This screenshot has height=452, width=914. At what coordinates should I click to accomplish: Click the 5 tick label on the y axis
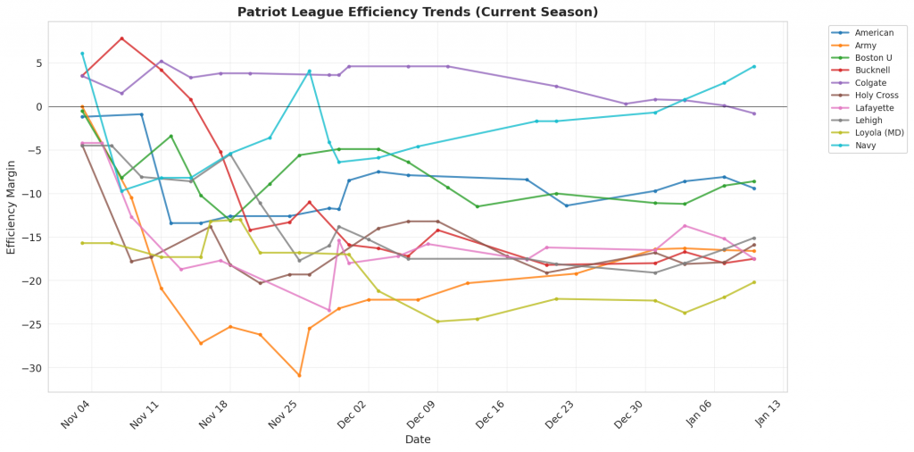(x=38, y=63)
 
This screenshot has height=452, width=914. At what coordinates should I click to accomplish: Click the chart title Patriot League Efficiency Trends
(x=418, y=13)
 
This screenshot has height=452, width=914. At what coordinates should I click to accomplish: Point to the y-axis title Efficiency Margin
(x=12, y=206)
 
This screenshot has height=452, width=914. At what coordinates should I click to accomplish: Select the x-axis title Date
(x=418, y=439)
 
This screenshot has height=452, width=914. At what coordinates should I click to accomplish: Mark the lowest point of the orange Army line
(x=299, y=375)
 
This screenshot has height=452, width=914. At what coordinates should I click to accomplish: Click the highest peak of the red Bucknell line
(x=121, y=38)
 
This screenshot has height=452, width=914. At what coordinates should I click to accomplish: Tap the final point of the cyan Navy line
(x=754, y=66)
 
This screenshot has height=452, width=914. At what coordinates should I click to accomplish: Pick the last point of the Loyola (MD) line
(x=754, y=282)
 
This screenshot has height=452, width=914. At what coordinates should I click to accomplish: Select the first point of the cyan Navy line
(x=82, y=54)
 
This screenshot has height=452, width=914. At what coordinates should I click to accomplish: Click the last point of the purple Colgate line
(x=754, y=113)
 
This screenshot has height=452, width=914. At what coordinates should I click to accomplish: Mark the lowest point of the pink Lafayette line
(x=329, y=310)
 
